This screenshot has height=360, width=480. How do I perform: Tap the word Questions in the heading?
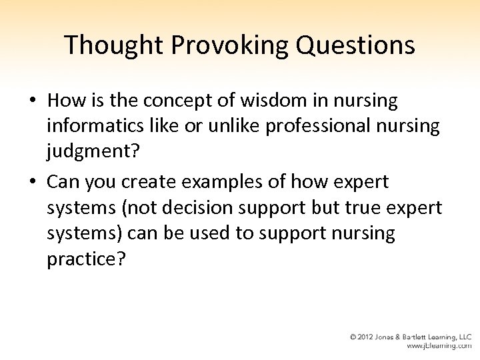(360, 45)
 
